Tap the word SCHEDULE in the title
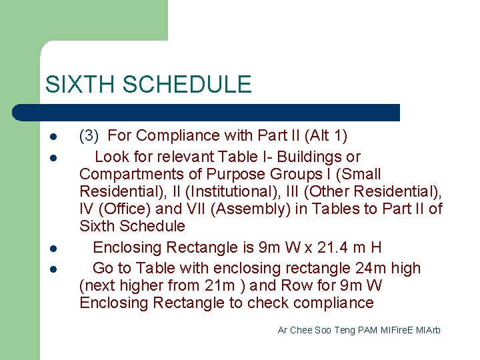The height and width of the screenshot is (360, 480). coord(187,85)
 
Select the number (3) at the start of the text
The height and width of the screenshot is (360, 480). coord(89,136)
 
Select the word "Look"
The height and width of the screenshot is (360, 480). coord(112,157)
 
